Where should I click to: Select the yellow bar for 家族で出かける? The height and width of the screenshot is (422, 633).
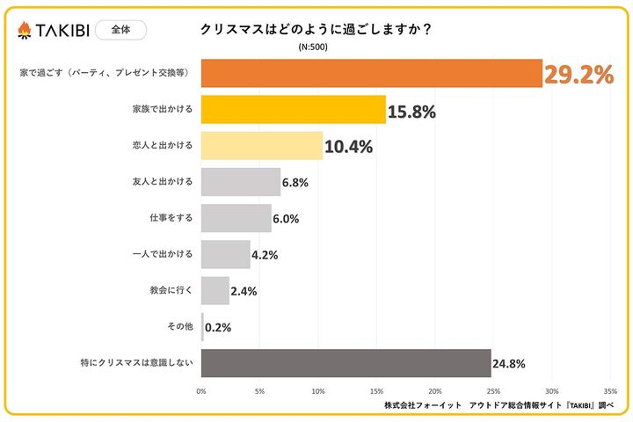pos(293,110)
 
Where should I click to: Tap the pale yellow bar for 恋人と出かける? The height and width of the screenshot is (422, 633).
pos(262,146)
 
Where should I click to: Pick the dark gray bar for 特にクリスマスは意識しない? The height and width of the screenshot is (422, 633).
pos(346,362)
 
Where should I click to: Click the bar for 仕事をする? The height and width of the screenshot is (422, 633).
pos(236,218)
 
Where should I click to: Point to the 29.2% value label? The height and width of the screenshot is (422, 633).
pos(578,75)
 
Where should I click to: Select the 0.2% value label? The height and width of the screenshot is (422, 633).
pos(219,327)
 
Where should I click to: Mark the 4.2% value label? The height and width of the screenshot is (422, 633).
pos(265,255)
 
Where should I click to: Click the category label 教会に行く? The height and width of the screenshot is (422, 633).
pos(171,290)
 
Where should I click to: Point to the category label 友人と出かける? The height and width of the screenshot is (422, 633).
pos(161,182)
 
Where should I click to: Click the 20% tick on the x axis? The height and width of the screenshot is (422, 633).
pos(435,390)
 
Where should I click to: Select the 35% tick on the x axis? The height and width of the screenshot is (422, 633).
pos(610,390)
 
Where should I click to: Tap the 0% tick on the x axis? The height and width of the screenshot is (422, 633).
pos(201,390)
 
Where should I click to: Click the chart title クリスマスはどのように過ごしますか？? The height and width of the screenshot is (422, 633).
pos(316,29)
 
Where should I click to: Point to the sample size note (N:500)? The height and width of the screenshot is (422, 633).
pos(313,47)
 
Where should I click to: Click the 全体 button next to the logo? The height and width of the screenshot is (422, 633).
pos(120,29)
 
